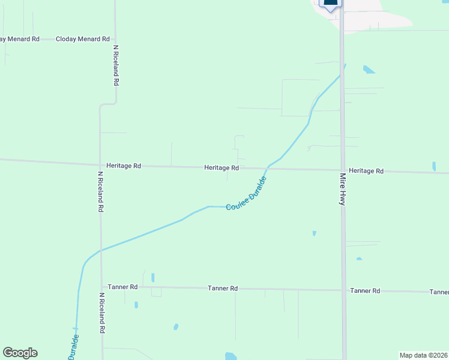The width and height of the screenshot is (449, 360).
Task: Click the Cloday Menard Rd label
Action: click(83, 39)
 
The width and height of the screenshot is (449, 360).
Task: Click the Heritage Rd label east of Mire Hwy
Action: click(366, 171)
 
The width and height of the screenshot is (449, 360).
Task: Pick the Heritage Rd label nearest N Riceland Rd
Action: click(124, 166)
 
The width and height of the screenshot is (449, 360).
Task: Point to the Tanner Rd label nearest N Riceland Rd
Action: click(122, 287)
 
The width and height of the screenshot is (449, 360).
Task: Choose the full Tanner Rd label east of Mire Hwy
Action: click(365, 290)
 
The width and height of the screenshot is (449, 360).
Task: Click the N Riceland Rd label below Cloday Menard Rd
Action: click(116, 65)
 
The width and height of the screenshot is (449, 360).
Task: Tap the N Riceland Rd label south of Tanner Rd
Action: click(103, 313)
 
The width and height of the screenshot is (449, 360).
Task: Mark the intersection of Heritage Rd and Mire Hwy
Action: click(343, 170)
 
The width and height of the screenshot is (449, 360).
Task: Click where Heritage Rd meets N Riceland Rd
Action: click(100, 165)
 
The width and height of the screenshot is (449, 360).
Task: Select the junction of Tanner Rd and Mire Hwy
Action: click(344, 290)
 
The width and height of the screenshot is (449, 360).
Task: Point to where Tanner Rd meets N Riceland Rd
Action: click(101, 287)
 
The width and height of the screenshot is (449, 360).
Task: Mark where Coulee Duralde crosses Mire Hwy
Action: click(342, 73)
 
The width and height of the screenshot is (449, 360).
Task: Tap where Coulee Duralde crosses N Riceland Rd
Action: click(101, 250)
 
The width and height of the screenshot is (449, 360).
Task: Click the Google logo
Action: click(20, 353)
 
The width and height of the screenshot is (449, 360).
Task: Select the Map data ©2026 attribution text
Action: click(424, 355)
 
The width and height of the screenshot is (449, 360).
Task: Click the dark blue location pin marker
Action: click(331, 3)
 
